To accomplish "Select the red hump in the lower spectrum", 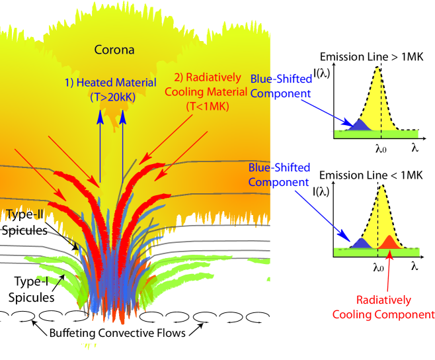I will [389, 242].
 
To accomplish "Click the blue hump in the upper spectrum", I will [358, 124].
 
